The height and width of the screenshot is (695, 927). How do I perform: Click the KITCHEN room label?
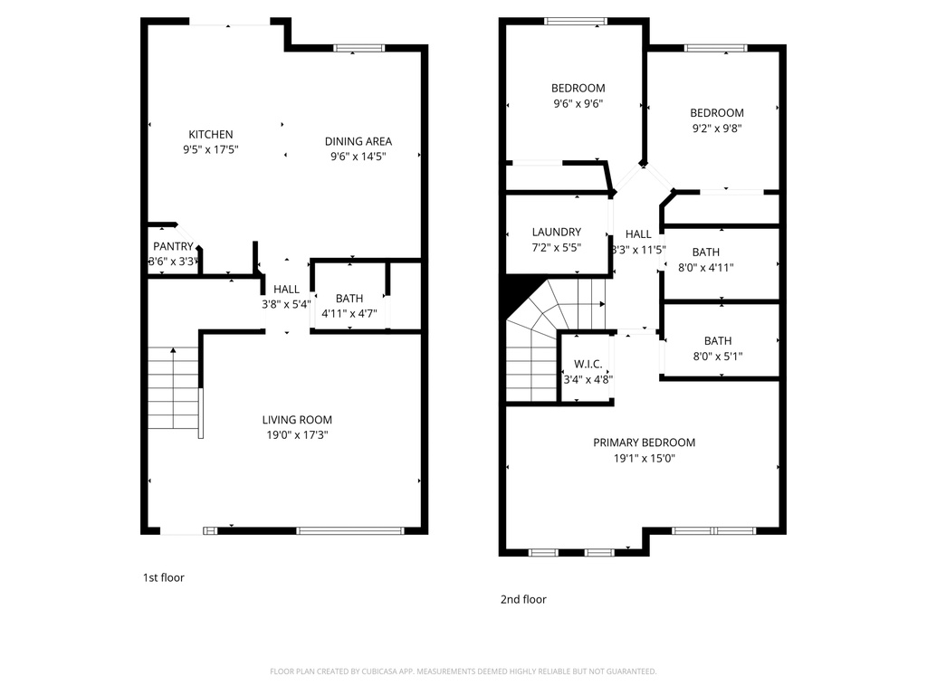[210, 135]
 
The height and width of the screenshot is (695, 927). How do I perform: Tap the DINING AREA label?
[358, 141]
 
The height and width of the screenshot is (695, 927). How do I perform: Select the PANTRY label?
[173, 246]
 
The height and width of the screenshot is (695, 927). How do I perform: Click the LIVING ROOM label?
[297, 420]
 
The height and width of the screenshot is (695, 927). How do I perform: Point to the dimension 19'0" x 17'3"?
[297, 435]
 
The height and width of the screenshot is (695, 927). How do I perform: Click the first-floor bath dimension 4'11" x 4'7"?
[349, 314]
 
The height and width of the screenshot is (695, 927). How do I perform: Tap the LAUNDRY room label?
[557, 232]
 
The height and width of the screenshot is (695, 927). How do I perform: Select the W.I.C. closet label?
[588, 364]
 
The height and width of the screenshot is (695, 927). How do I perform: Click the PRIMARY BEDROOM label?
[644, 443]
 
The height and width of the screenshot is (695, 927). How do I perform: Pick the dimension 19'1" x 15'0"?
[644, 458]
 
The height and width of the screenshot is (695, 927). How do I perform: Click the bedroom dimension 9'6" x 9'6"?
[578, 103]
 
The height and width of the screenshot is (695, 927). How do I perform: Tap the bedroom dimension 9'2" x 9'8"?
[716, 129]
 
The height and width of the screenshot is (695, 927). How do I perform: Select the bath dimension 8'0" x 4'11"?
[705, 267]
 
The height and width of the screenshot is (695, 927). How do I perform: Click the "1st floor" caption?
[163, 577]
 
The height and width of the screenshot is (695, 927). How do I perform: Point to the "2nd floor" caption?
[523, 599]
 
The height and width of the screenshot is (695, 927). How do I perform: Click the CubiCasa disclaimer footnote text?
[463, 671]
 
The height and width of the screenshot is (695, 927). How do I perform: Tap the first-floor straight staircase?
[173, 388]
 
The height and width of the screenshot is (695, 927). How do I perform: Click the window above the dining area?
[347, 48]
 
